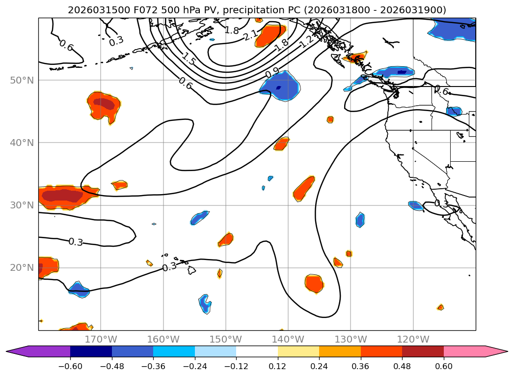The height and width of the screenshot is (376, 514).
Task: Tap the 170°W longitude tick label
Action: [x=101, y=339]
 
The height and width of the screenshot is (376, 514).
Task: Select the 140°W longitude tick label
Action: [x=288, y=339]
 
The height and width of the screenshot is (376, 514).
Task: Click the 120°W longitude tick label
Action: [x=413, y=339]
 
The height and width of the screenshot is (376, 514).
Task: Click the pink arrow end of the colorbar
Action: [x=496, y=351]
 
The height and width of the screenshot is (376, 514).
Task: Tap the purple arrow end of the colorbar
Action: [x=20, y=351]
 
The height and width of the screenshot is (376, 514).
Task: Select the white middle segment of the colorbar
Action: [x=257, y=351]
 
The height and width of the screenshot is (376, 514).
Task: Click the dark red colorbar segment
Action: [x=423, y=351]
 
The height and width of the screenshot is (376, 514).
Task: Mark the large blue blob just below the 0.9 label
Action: [x=280, y=87]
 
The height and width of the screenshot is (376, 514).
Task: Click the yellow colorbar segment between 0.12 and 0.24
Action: [x=298, y=351]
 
